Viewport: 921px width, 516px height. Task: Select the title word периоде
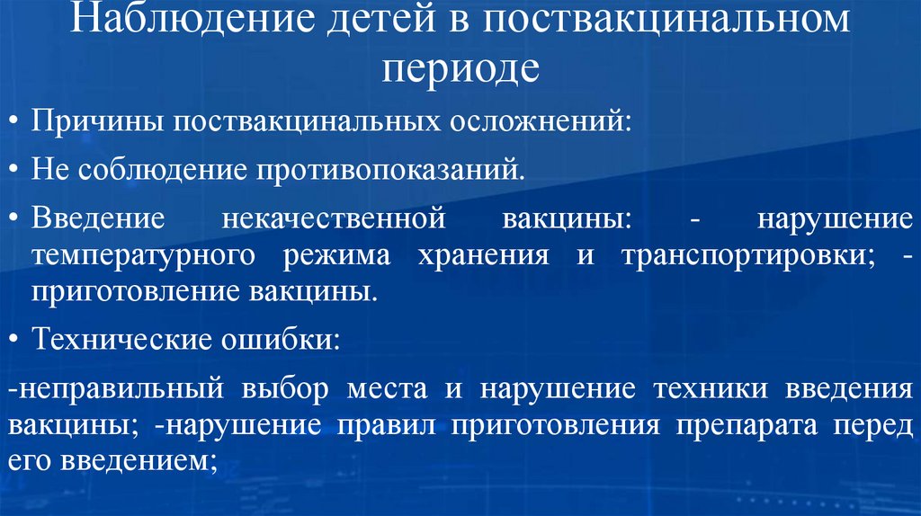tap(460, 68)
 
